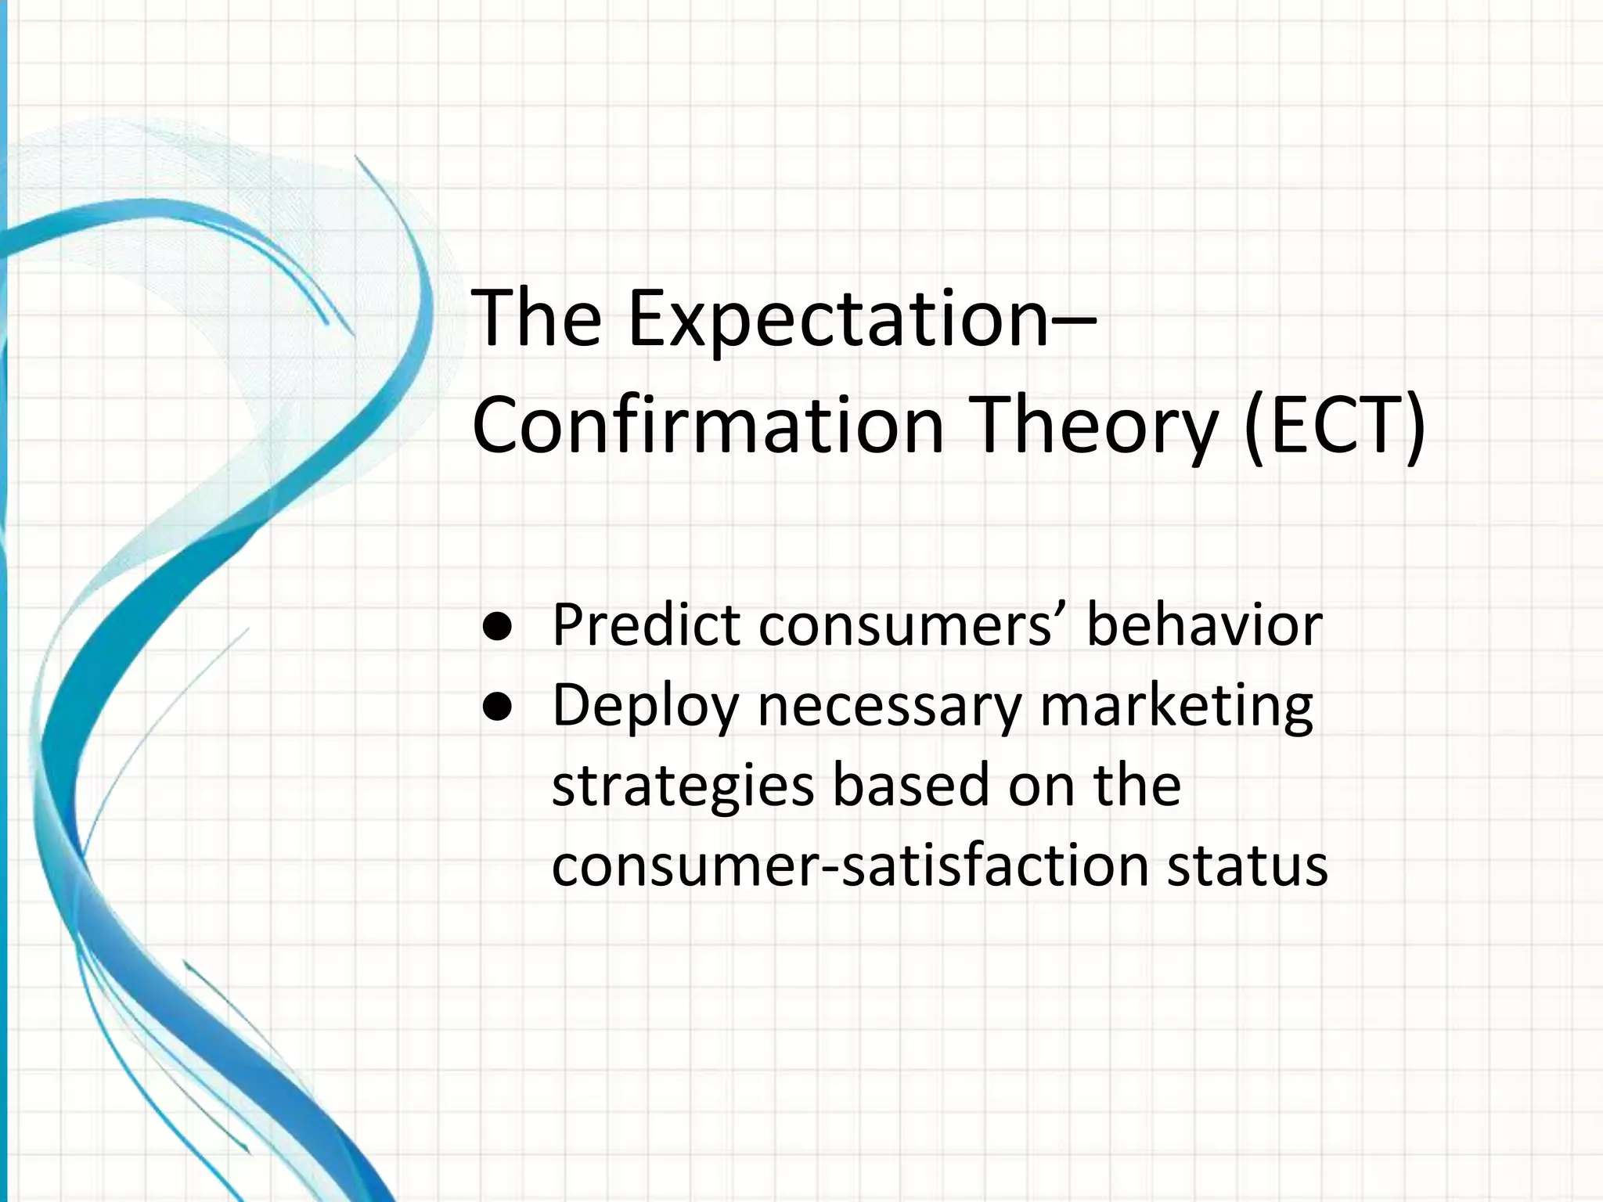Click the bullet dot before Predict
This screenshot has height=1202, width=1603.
[498, 626]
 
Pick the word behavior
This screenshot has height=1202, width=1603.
[1204, 625]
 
